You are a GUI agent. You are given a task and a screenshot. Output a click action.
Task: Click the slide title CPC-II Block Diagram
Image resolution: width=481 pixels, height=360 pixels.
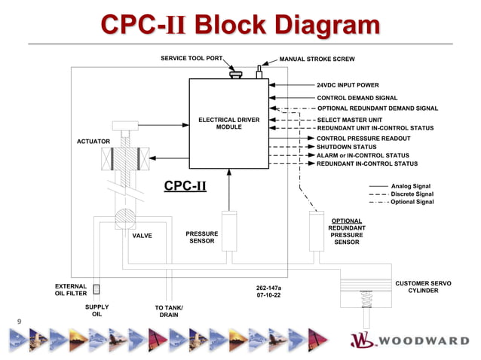point(240,26)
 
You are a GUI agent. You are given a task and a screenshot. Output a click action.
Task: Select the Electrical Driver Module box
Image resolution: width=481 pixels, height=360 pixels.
point(228,123)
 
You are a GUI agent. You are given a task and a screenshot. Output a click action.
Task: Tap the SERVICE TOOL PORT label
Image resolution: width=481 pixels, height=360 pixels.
point(192,58)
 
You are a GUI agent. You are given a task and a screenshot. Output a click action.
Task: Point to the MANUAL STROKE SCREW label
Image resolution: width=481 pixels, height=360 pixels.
point(317,59)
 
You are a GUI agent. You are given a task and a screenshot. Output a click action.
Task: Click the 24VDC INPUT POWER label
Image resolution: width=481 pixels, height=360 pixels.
point(348,85)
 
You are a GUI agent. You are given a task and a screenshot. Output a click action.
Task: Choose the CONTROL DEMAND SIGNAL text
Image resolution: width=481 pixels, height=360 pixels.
point(357,98)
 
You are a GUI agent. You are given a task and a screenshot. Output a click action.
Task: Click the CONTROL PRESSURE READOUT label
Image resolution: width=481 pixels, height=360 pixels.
point(363,139)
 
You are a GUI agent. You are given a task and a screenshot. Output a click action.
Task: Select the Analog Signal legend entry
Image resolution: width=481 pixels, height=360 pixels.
point(411,185)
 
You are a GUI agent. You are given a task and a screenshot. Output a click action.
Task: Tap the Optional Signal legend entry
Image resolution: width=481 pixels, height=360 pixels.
point(412,202)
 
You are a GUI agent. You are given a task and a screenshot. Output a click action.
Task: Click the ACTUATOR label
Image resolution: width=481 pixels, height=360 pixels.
point(93,142)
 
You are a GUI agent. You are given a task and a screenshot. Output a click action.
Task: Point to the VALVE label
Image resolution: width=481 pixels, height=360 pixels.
point(142,236)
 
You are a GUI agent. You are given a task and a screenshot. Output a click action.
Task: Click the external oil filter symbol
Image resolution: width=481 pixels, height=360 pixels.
point(97,289)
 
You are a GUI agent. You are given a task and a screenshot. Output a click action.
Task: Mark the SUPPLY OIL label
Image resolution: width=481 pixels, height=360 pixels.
point(97,311)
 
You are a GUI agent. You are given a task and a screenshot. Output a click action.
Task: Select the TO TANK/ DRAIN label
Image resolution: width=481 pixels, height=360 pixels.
point(169,312)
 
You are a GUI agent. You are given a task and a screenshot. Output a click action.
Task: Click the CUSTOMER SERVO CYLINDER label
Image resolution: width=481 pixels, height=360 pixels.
point(423,287)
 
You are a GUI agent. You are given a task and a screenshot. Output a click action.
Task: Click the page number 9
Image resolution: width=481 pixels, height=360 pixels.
point(19,322)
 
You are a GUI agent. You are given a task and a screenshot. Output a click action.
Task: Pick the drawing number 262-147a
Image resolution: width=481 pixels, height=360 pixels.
point(268,288)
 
